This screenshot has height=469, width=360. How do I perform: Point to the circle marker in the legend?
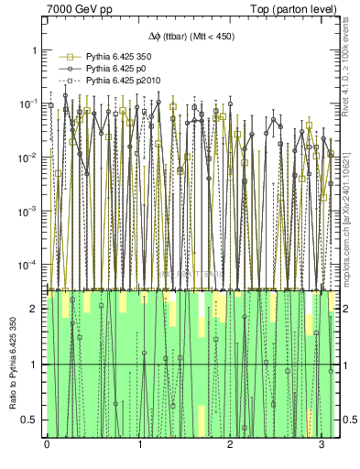click(x=65, y=69)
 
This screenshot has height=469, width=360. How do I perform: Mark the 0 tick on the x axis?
click(x=47, y=444)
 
